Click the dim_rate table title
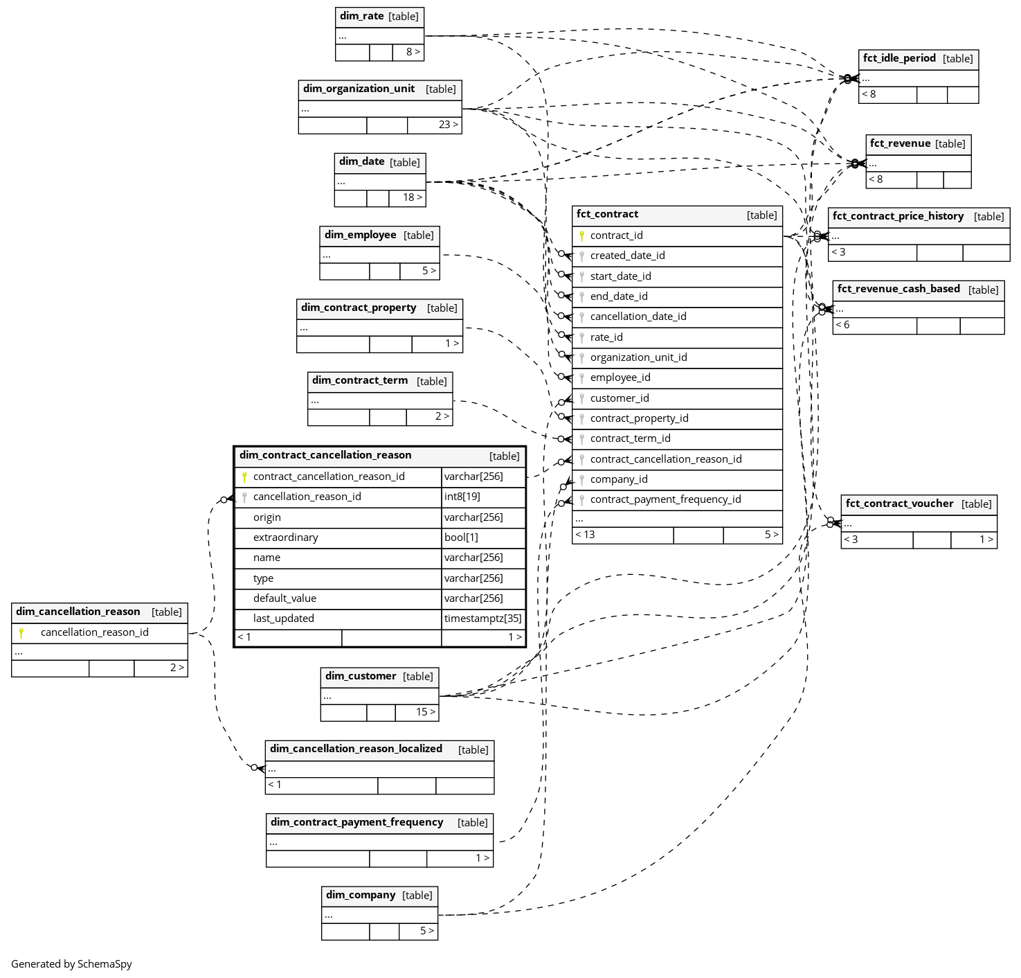point(362,16)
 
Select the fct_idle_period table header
point(899,59)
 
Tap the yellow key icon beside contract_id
point(581,236)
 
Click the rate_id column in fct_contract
point(606,337)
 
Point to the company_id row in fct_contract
point(619,479)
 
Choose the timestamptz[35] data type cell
point(483,619)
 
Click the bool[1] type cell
point(461,537)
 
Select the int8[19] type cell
point(462,497)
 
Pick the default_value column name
point(284,598)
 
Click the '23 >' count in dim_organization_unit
point(448,125)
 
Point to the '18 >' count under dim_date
point(413,197)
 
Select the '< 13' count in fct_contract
point(585,535)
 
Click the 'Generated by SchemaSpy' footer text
point(71,964)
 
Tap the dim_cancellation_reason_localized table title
point(356,749)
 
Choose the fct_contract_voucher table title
point(899,504)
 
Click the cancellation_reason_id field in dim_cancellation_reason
point(95,632)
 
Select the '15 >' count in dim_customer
point(426,712)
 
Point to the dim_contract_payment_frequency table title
point(356,822)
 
